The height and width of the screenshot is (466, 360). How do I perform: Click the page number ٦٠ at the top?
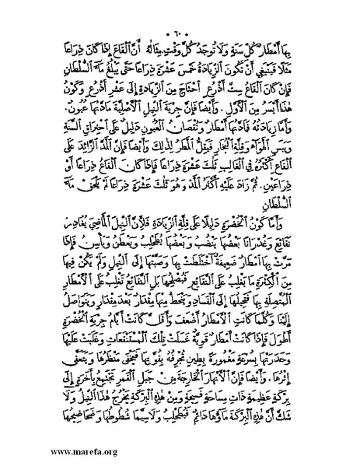(180, 17)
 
